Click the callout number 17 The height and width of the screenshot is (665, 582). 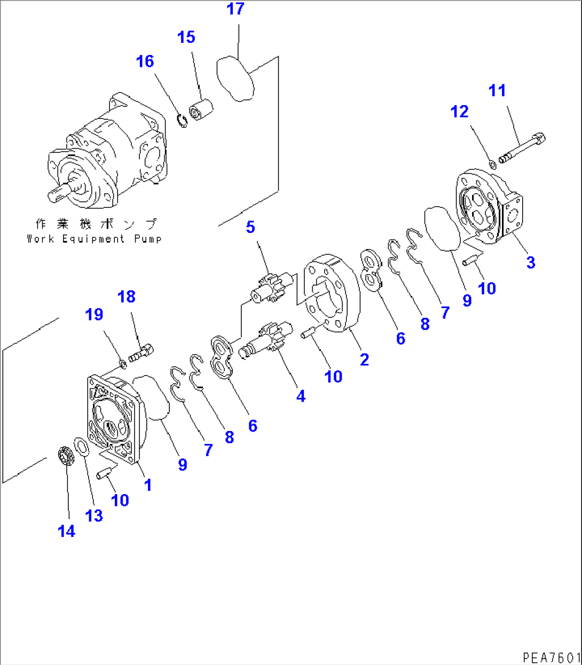coord(235,9)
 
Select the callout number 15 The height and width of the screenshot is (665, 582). coord(186,37)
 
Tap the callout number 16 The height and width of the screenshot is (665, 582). coord(145,61)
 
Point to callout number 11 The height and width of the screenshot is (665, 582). coord(497,91)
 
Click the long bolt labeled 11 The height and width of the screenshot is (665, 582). coord(523,148)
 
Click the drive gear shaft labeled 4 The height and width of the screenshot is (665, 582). coord(266,342)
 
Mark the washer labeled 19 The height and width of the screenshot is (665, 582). coord(122,364)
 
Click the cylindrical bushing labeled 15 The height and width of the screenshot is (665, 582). coord(202,109)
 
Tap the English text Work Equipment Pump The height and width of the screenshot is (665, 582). coord(94,239)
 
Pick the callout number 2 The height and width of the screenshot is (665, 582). coord(364,360)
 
